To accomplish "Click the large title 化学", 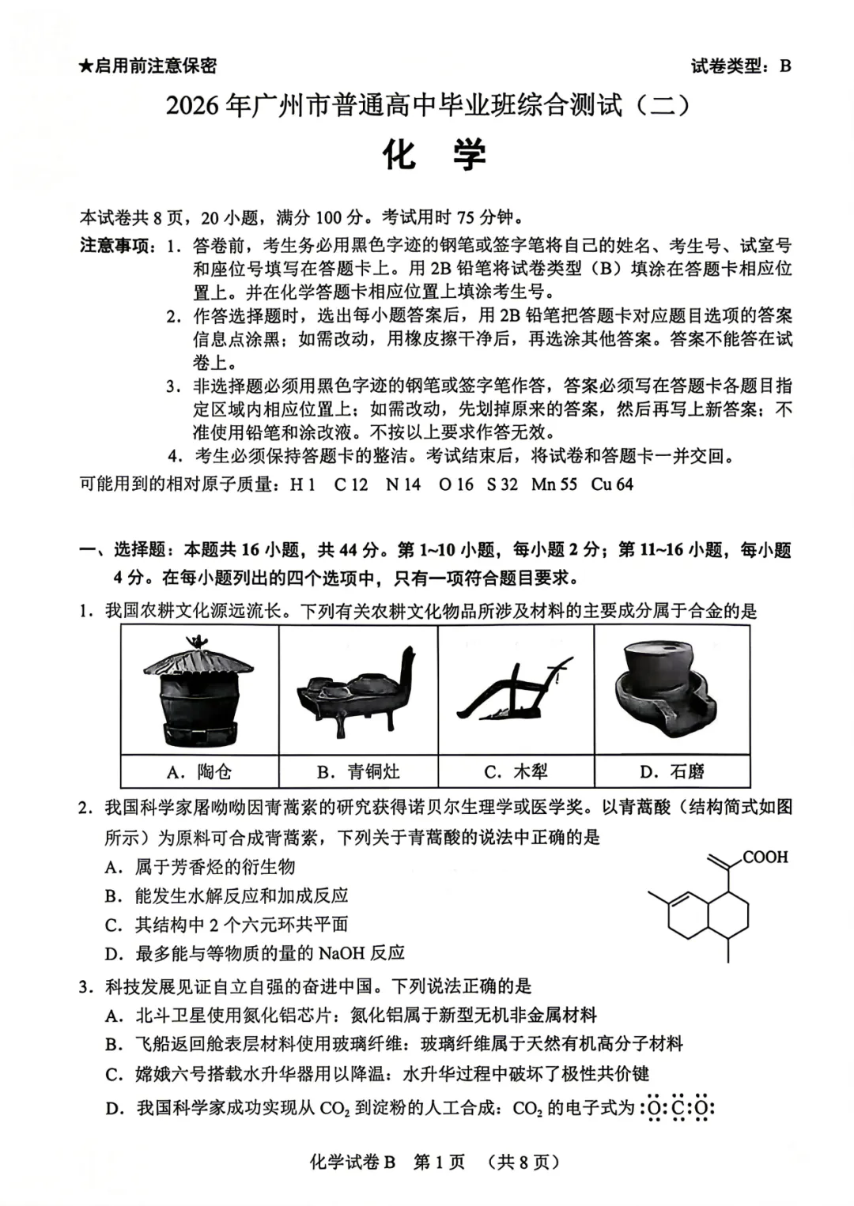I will coord(434,155).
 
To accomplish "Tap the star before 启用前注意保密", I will coord(86,66).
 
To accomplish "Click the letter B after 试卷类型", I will coord(784,66).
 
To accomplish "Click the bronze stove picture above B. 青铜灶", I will coord(357,690).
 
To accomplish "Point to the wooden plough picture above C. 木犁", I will coord(515,690).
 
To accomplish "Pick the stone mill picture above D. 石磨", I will coord(671,690).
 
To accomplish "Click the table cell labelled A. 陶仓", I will coord(199,771).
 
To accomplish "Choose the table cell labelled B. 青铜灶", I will coord(357,771).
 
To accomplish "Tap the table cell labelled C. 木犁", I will coord(515,771).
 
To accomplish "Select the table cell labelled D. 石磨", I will coord(671,771).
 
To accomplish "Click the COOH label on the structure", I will coord(765,857).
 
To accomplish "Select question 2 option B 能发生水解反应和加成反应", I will coord(228,895).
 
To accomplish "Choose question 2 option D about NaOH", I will coord(255,953).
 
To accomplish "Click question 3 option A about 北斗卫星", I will coord(352,1015).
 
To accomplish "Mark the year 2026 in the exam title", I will coord(191,105).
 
